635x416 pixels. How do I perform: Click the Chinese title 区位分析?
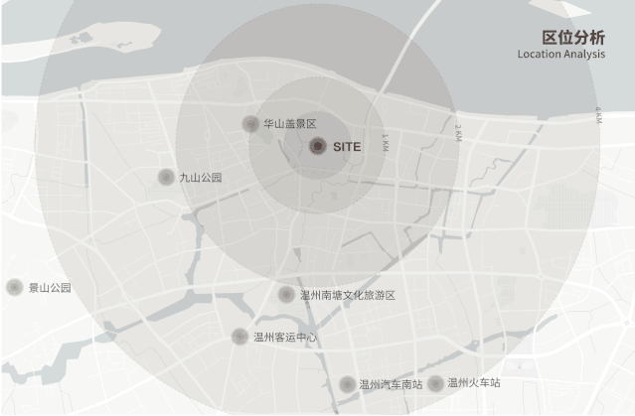[x=572, y=37]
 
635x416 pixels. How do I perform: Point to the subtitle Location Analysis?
[x=560, y=55]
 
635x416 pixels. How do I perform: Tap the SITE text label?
[x=347, y=147]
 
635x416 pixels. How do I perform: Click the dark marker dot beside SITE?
[x=317, y=147]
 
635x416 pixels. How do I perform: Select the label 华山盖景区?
[x=289, y=124]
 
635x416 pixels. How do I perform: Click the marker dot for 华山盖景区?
[x=250, y=124]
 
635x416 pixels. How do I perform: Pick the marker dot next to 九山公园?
[x=166, y=177]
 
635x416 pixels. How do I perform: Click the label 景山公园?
[x=49, y=288]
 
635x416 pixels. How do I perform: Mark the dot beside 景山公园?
[x=14, y=287]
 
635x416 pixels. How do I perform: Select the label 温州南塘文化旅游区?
[x=347, y=295]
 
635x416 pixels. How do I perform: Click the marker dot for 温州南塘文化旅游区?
[x=286, y=294]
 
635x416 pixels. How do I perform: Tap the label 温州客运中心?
[x=285, y=338]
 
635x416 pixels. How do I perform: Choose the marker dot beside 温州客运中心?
[x=239, y=337]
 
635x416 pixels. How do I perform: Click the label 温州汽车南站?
[x=391, y=384]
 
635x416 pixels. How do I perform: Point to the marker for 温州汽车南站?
[x=347, y=384]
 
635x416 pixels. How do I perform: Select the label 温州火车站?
[x=473, y=383]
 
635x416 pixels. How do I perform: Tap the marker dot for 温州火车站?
[x=435, y=383]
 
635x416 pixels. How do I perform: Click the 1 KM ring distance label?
[x=385, y=143]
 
